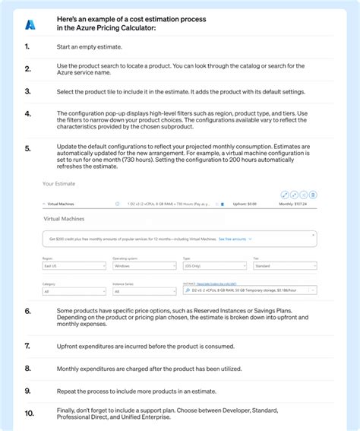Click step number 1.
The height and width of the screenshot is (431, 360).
tap(27, 46)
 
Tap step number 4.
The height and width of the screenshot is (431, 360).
tap(28, 114)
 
